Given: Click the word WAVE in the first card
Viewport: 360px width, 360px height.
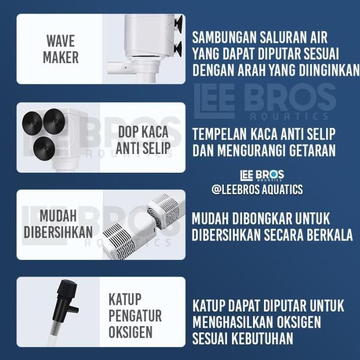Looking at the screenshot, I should click(60, 41).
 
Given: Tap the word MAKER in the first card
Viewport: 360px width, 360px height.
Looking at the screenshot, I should click(60, 57).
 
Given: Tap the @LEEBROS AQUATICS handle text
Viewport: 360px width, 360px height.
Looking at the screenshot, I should click(257, 189).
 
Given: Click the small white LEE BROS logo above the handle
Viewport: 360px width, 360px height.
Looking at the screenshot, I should click(262, 176).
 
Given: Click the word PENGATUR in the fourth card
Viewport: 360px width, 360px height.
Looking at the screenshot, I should click(135, 316).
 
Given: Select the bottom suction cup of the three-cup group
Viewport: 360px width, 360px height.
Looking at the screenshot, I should click(44, 148).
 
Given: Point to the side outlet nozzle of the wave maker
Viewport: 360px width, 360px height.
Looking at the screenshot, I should click(117, 67).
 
